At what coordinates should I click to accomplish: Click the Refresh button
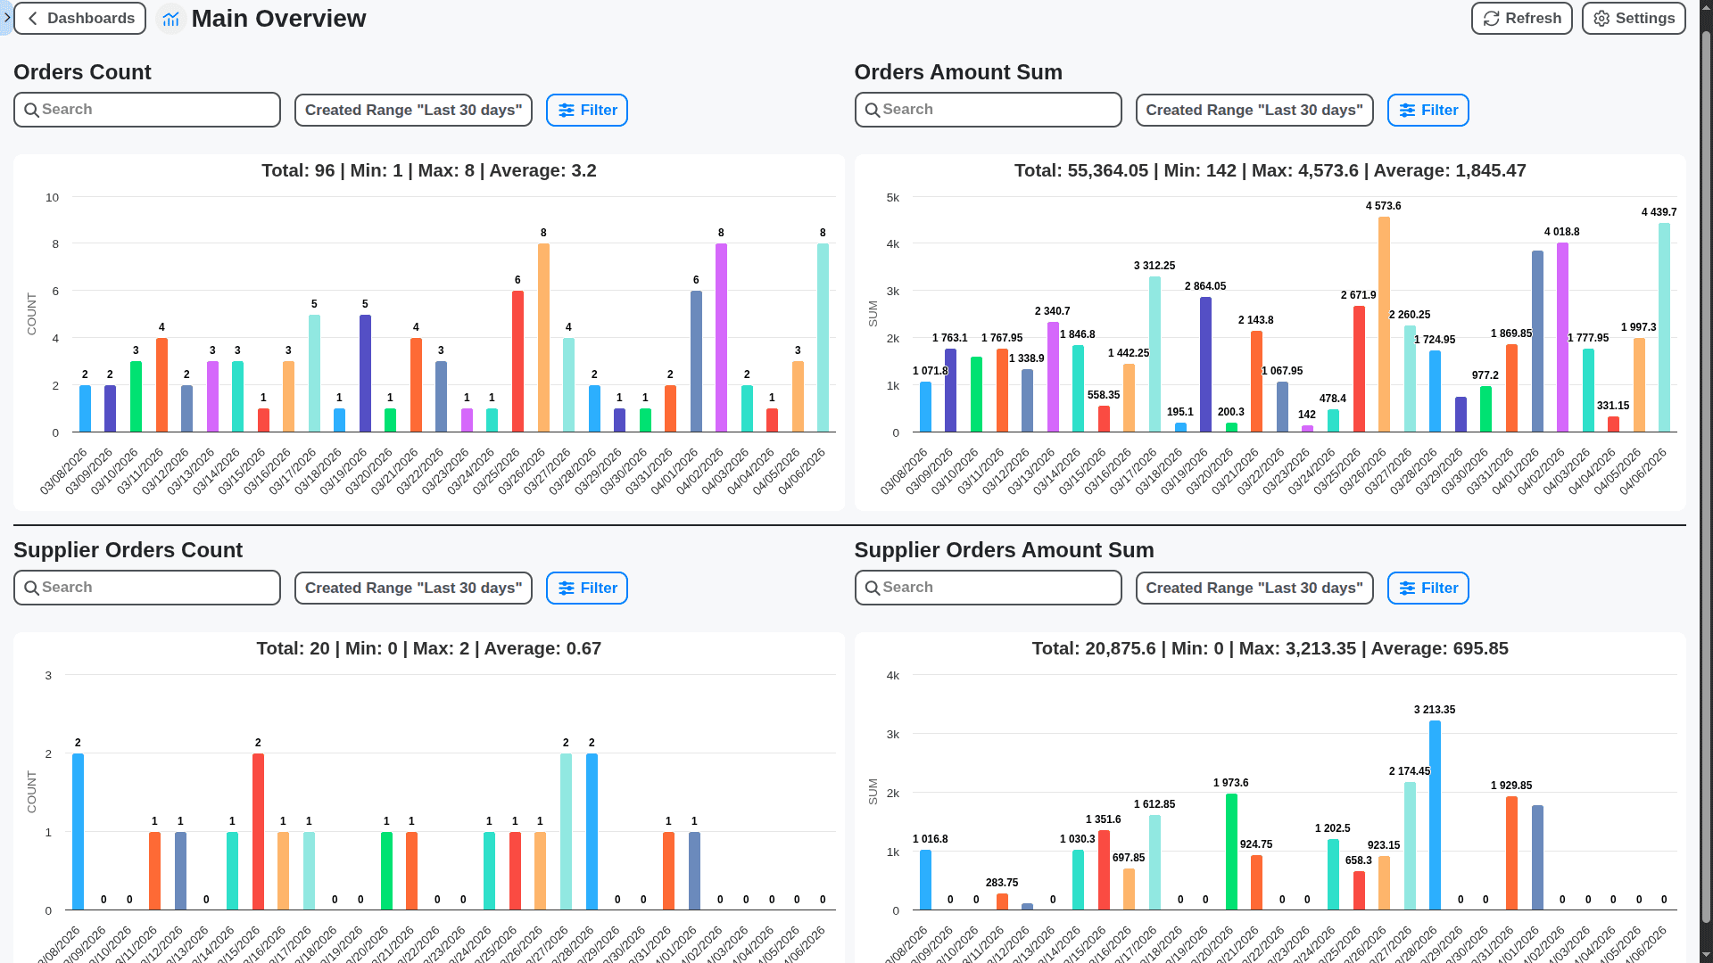pyautogui.click(x=1521, y=19)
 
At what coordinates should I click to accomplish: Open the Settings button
pyautogui.click(x=1633, y=19)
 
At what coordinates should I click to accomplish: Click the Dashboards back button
pyautogui.click(x=80, y=19)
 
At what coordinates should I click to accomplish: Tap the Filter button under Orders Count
pyautogui.click(x=587, y=111)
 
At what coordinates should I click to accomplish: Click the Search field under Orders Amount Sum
pyautogui.click(x=988, y=110)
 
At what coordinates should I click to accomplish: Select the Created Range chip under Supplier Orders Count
pyautogui.click(x=413, y=588)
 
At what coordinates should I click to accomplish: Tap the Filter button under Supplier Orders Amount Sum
pyautogui.click(x=1427, y=588)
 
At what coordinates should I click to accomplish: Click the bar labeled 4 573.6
pyautogui.click(x=1384, y=325)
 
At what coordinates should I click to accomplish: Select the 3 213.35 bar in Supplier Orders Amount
pyautogui.click(x=1435, y=815)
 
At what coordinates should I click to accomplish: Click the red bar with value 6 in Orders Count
pyautogui.click(x=517, y=361)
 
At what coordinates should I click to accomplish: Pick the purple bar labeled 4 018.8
pyautogui.click(x=1562, y=338)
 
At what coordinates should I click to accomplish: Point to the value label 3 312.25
pyautogui.click(x=1154, y=266)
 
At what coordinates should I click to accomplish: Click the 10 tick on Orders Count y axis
pyautogui.click(x=53, y=198)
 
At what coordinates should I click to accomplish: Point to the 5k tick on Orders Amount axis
pyautogui.click(x=893, y=198)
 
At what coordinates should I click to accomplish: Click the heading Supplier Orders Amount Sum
pyautogui.click(x=1004, y=550)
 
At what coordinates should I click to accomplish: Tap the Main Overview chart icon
pyautogui.click(x=170, y=19)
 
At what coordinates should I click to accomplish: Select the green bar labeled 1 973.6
pyautogui.click(x=1231, y=852)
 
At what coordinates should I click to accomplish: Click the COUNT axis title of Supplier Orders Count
pyautogui.click(x=32, y=792)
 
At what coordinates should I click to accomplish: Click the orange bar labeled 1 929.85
pyautogui.click(x=1511, y=853)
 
